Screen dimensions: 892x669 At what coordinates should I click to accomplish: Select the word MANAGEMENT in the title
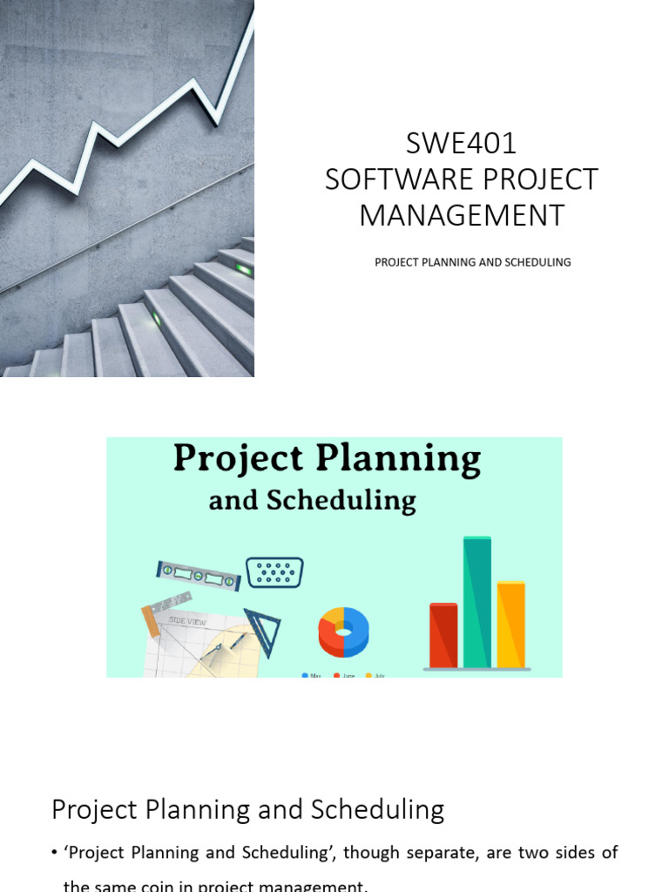pos(462,215)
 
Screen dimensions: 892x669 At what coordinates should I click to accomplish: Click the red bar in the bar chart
pos(443,635)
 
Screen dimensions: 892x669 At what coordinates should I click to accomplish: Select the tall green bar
pos(477,602)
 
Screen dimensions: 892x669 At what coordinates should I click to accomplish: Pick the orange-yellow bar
pos(511,625)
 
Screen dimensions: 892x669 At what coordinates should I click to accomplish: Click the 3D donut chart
pos(344,631)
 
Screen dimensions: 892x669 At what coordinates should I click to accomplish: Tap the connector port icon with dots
pos(274,572)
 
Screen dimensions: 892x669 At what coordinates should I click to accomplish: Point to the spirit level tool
pos(198,576)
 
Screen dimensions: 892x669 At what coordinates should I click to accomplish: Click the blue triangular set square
pos(261,629)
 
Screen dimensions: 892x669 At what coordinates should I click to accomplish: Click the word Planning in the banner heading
pos(408,459)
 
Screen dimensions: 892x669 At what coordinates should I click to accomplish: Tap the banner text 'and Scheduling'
pos(312,501)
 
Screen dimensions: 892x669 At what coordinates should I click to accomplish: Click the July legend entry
pos(375,675)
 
